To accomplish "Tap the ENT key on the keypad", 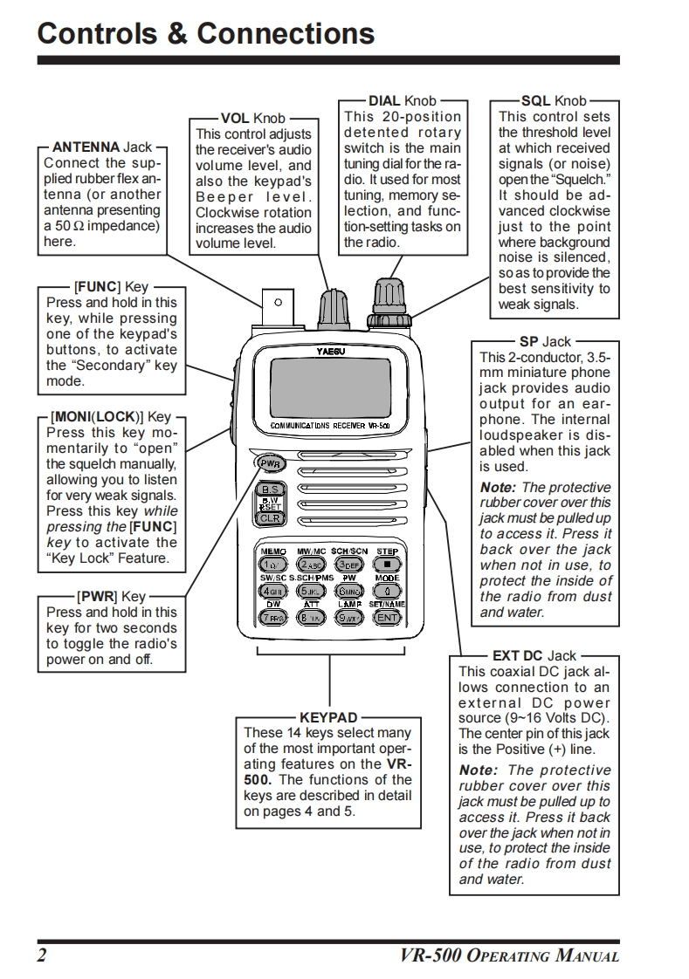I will pyautogui.click(x=387, y=617).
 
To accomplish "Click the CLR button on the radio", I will pyautogui.click(x=269, y=518).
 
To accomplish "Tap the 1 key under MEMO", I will pyautogui.click(x=272, y=565).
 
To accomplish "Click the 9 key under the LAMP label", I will pyautogui.click(x=348, y=617).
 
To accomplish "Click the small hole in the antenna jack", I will pyautogui.click(x=278, y=303).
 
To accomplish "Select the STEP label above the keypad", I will pyautogui.click(x=387, y=551).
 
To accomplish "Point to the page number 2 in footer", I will pyautogui.click(x=41, y=955).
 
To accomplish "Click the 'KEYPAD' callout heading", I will pyautogui.click(x=328, y=718).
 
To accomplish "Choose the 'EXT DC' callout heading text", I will pyautogui.click(x=518, y=655).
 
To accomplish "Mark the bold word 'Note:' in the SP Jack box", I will pyautogui.click(x=497, y=488).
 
